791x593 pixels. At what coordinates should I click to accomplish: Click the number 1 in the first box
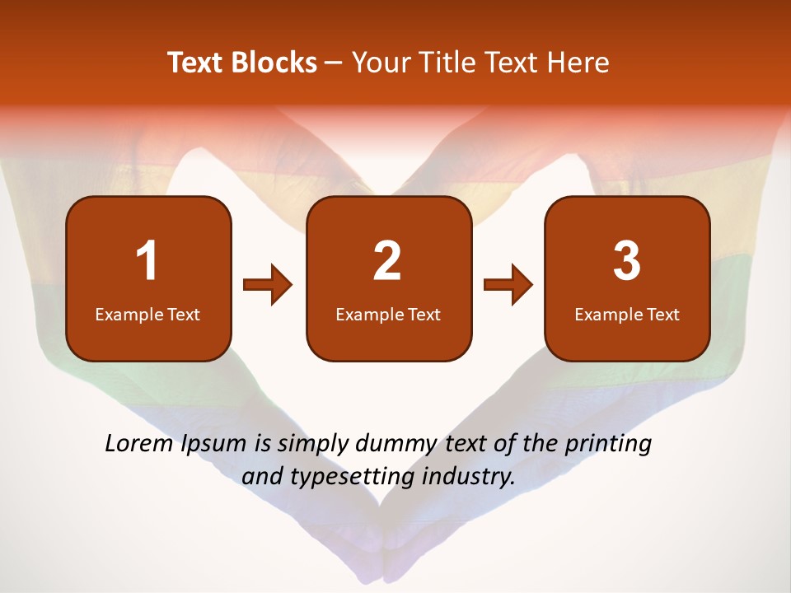[147, 261]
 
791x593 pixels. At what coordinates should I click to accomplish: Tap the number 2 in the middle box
[387, 261]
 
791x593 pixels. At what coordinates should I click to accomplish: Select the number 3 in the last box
[627, 261]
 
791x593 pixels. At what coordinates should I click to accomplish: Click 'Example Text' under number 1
[147, 315]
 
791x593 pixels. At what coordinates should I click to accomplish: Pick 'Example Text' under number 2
[388, 315]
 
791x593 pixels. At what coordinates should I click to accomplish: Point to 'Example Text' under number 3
[627, 315]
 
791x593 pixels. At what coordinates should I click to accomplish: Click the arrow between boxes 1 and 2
[268, 285]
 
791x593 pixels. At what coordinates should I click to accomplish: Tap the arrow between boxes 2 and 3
[508, 285]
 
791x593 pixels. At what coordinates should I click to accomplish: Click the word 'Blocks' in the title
[274, 63]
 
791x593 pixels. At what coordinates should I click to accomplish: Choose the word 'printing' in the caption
[608, 445]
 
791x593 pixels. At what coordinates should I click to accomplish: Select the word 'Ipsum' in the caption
[213, 445]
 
